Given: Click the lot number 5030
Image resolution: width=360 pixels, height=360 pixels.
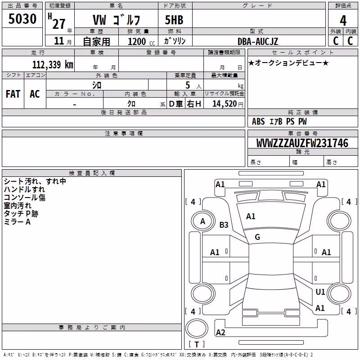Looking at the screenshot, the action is tap(22, 18).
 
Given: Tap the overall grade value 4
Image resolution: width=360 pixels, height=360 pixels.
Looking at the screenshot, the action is tap(343, 21).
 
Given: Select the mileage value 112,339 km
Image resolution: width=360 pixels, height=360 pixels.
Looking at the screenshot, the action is tap(53, 65).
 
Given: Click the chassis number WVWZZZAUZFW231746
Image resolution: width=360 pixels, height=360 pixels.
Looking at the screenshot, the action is tap(302, 143).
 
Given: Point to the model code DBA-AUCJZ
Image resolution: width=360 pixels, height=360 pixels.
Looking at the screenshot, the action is tap(258, 41).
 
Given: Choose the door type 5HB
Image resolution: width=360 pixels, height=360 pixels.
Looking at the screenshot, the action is tap(174, 20).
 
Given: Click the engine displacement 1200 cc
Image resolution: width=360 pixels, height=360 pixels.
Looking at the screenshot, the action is tap(141, 41).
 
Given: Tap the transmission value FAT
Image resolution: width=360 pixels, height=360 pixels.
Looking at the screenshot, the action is tap(13, 94).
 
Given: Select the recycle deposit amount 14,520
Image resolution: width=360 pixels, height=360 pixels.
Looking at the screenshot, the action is tap(225, 104).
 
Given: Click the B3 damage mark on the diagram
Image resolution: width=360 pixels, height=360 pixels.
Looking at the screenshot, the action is tap(224, 225).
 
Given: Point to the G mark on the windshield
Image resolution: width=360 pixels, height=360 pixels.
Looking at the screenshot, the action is tap(257, 237).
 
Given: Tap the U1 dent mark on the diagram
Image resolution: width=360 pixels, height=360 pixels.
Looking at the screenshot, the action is tap(320, 292).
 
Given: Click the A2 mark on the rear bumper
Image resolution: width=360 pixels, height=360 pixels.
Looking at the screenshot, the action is tap(220, 332).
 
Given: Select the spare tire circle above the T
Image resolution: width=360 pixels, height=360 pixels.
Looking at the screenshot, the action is tap(197, 329).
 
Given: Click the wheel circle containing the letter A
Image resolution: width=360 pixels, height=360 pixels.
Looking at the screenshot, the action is tap(203, 221).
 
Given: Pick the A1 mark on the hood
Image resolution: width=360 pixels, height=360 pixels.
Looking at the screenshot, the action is tap(251, 216).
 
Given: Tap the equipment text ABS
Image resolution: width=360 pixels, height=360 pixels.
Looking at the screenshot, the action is tap(258, 121).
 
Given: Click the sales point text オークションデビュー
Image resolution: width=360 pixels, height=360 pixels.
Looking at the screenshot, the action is tap(288, 63).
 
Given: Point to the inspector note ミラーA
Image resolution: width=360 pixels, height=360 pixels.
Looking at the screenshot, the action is tap(17, 222).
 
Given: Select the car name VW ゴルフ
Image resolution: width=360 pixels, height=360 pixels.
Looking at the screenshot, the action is tap(117, 20).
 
